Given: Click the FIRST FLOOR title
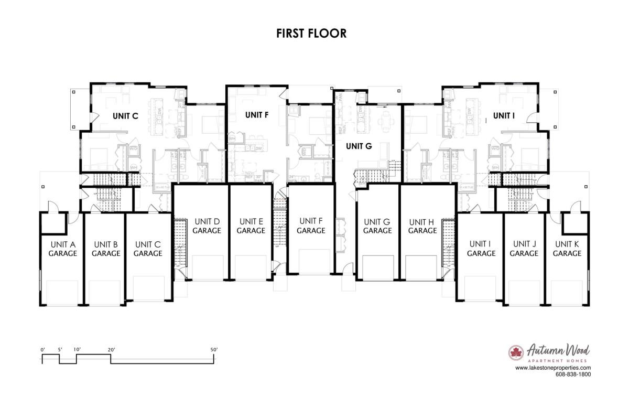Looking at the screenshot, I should (311, 34).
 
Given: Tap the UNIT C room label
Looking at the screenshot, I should (125, 116).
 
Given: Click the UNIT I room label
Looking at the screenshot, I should (504, 115).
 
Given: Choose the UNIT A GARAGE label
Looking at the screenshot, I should (62, 249).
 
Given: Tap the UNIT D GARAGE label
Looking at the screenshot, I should (206, 226).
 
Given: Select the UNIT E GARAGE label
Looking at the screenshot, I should (251, 226).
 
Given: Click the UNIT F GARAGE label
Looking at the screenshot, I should (311, 226).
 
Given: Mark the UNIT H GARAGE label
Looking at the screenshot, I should (422, 226).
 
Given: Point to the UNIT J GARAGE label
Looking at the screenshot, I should (524, 249).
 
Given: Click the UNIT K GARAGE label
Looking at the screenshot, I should (567, 249).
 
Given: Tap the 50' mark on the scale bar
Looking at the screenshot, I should (213, 349).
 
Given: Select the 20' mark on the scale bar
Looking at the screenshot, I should (111, 349).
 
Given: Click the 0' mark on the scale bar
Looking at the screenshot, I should (42, 349).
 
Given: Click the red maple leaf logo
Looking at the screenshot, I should (516, 352).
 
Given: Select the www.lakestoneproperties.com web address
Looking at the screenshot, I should (553, 368).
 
